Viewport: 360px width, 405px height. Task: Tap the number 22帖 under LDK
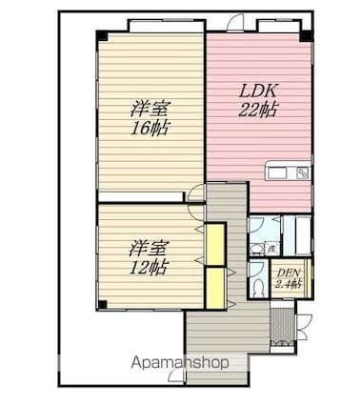[x=257, y=110]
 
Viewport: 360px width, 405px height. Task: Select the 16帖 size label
[x=150, y=128]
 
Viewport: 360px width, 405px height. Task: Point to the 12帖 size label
[x=149, y=268]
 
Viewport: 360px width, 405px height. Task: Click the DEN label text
[x=289, y=273]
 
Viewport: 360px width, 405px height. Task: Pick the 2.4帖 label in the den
[x=289, y=283]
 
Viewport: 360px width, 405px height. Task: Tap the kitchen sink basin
[x=277, y=173]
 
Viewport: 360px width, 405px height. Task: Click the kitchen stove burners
[x=303, y=173]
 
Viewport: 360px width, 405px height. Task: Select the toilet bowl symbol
[x=258, y=288]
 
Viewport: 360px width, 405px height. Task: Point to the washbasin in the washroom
[x=255, y=249]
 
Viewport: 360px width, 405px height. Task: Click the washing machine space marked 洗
[x=271, y=248]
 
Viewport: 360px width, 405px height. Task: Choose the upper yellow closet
[x=215, y=244]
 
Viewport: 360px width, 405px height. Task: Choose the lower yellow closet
[x=215, y=288]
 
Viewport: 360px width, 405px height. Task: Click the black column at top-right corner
[x=307, y=35]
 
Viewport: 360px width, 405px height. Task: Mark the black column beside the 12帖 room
[x=102, y=304]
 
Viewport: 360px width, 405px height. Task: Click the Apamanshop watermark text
[x=180, y=363]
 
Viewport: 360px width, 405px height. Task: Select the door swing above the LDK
[x=235, y=23]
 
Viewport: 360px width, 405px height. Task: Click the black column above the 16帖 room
[x=103, y=35]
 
